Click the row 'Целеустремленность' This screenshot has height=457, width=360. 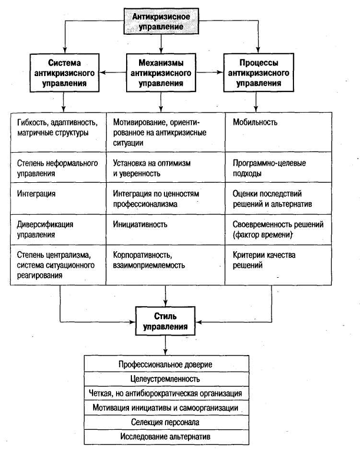click(x=166, y=379)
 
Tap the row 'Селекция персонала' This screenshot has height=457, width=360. click(x=166, y=422)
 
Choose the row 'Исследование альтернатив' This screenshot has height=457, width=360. click(x=166, y=437)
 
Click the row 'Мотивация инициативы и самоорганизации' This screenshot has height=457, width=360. click(x=166, y=408)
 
